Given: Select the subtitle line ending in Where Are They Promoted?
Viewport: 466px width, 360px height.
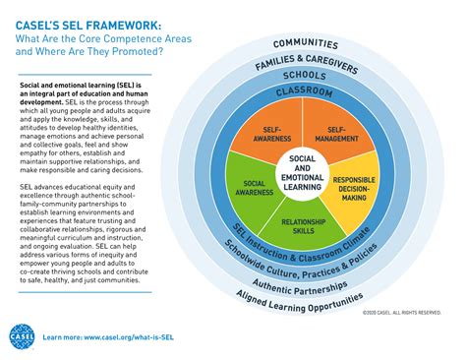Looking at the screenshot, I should pyautogui.click(x=89, y=50).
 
